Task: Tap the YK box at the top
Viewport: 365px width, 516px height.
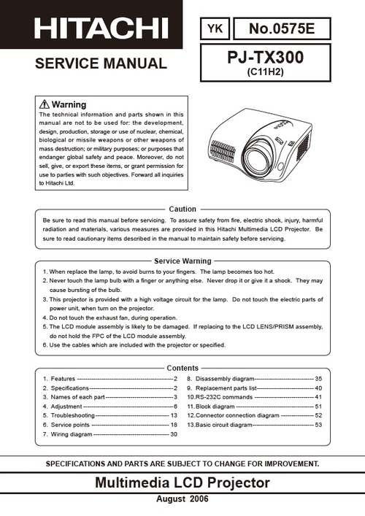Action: pos(215,28)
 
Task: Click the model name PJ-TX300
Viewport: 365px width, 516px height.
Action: pos(266,55)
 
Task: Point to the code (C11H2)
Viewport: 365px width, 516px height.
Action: pos(266,72)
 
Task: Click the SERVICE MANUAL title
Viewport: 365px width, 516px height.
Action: pos(101,63)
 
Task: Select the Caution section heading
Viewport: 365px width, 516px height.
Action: pos(182,209)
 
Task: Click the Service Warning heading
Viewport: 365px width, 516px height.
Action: pos(182,261)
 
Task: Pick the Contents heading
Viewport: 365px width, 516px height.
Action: pos(182,368)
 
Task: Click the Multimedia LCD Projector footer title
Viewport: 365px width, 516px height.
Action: pos(182,482)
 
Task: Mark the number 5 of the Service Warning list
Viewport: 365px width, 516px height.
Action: pos(45,327)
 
